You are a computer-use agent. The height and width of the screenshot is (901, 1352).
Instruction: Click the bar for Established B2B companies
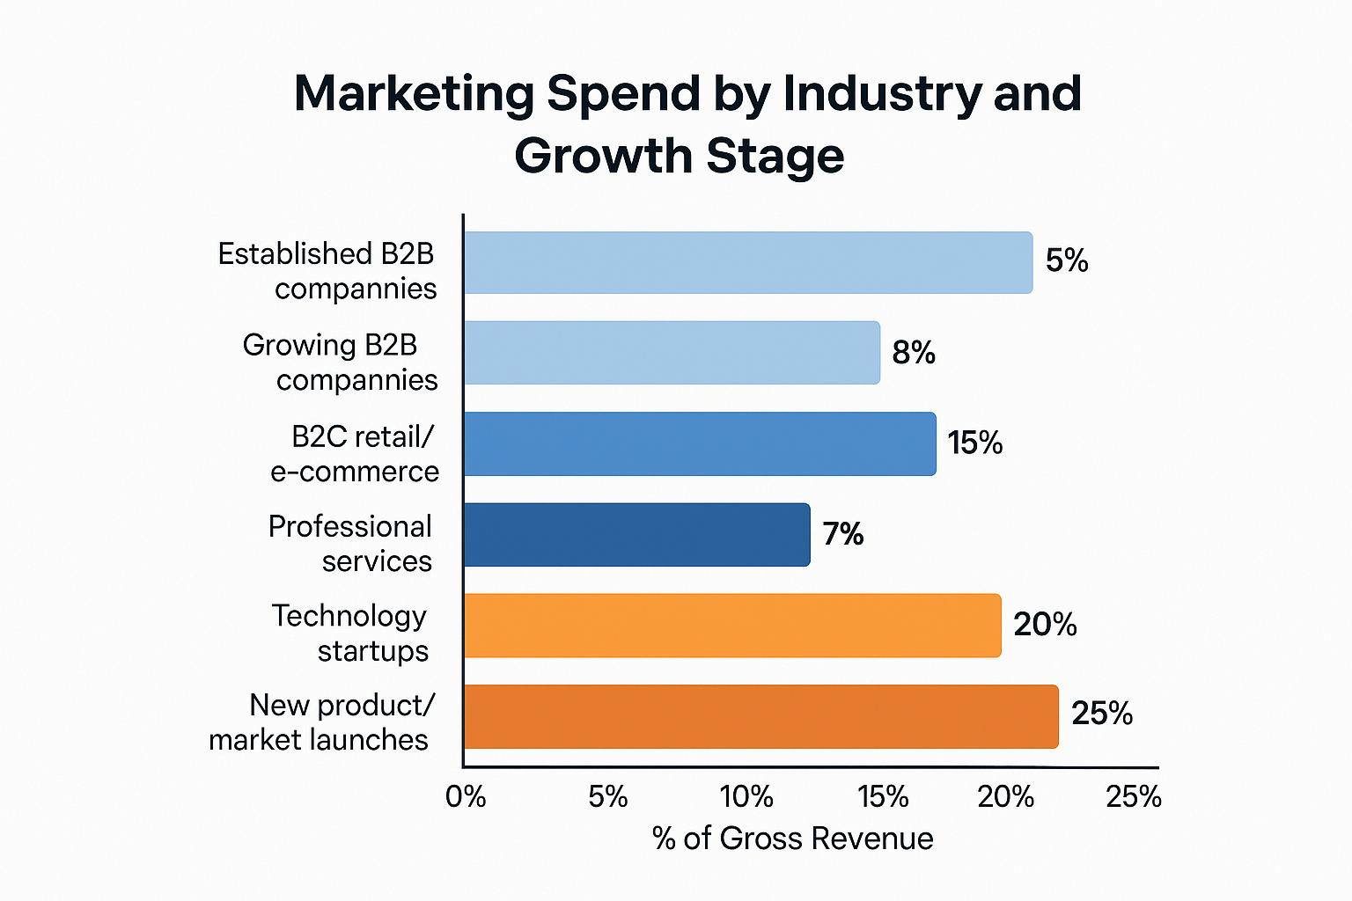pos(747,262)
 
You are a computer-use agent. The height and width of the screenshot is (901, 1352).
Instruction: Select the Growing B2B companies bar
pos(672,353)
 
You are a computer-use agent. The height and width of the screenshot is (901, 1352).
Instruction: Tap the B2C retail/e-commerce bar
pos(700,443)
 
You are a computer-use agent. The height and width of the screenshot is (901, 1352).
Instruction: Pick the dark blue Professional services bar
pos(636,535)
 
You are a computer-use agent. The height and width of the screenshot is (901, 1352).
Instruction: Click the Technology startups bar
pos(732,626)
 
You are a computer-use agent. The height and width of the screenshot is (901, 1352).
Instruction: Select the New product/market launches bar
pos(760,716)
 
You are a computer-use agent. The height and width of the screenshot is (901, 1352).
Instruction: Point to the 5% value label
pos(1067,261)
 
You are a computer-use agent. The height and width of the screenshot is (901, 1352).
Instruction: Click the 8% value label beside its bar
pos(914,353)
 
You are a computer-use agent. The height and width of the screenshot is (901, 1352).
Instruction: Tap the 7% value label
pos(843,534)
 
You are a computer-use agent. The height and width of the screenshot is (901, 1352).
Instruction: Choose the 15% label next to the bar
pos(975,443)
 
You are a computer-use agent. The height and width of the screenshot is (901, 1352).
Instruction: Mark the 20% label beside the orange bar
pos(1045,625)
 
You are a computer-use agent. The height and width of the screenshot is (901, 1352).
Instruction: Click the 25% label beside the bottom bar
pos(1102,714)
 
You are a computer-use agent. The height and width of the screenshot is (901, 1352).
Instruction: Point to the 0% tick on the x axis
pos(466,797)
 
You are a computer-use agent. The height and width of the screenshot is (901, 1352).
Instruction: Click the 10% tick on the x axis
pos(746,797)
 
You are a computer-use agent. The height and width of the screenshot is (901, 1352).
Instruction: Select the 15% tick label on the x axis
pos(883,797)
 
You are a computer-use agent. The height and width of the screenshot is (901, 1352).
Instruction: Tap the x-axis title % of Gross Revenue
pos(792,839)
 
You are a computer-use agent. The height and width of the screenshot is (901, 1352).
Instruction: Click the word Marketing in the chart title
pos(414,94)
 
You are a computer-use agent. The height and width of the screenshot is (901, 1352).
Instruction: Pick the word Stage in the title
pos(775,157)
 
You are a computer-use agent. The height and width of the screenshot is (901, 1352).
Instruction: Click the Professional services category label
pos(350,544)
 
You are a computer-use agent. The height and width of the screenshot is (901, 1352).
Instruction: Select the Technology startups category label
pos(350,634)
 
